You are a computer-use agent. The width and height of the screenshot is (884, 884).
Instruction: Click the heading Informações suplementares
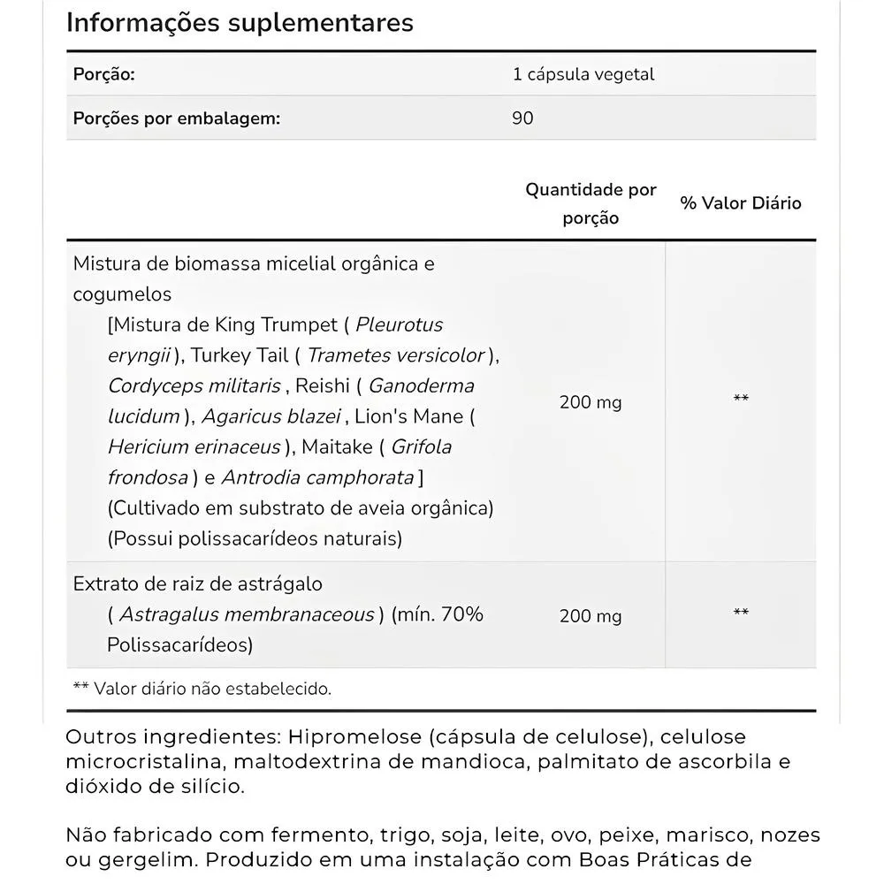click(240, 22)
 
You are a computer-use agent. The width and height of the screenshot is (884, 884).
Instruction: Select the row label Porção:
click(103, 74)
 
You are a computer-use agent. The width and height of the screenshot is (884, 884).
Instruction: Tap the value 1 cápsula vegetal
click(583, 74)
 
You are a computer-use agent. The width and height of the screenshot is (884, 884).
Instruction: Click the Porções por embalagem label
click(176, 118)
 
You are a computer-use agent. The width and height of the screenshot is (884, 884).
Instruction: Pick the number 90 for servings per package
click(522, 118)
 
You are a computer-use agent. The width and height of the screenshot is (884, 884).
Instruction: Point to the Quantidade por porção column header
click(591, 203)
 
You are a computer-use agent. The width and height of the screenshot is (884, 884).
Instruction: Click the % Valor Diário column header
click(741, 203)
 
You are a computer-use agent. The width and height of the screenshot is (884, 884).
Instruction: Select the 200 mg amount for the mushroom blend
click(591, 402)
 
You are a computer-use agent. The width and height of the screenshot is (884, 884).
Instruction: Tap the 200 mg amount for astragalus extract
click(591, 616)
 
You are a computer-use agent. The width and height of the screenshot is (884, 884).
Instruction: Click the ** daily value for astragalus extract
click(741, 613)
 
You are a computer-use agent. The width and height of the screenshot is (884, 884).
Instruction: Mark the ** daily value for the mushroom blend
click(741, 400)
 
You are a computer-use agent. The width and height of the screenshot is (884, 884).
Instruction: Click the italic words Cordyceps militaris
click(194, 385)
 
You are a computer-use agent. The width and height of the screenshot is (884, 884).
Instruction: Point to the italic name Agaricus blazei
click(271, 416)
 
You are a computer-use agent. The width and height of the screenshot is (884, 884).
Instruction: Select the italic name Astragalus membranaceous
click(247, 614)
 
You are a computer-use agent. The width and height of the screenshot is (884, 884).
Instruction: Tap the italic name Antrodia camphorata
click(317, 477)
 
